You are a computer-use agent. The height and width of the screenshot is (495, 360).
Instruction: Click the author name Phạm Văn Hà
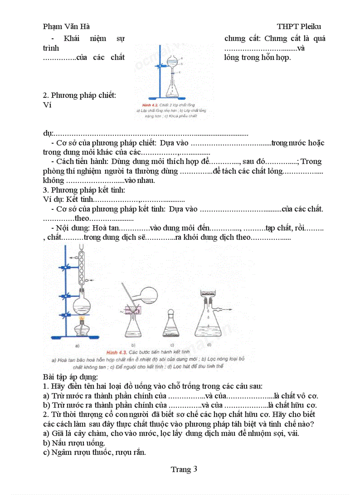tap(67, 26)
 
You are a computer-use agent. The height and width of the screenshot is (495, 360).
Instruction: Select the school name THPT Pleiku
tap(299, 26)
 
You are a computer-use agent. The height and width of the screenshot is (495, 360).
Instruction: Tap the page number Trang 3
tap(184, 469)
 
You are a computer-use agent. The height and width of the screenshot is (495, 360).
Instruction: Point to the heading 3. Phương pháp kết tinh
tap(84, 190)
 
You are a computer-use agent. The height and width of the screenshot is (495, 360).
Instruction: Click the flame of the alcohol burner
tap(81, 319)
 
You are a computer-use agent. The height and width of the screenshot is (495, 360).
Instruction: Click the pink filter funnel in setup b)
tap(132, 313)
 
